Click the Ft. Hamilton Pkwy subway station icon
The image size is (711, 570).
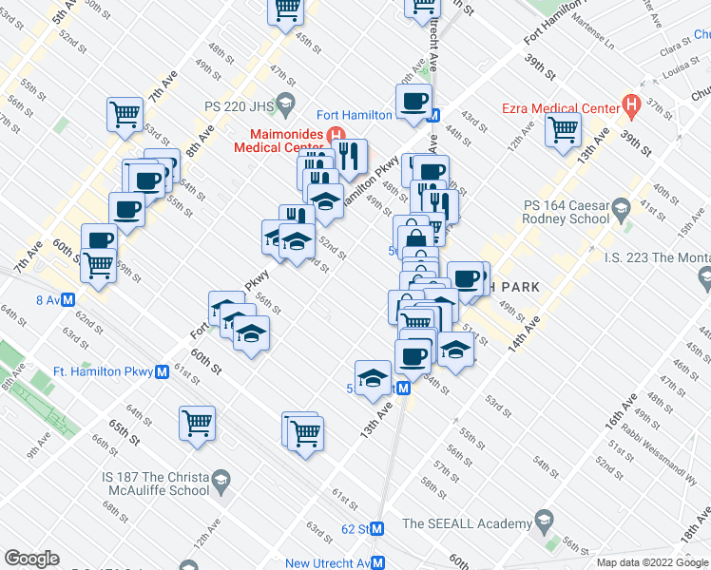pos(163,371)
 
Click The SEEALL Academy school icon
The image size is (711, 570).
pos(544,522)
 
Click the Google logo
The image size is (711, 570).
pos(31,559)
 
